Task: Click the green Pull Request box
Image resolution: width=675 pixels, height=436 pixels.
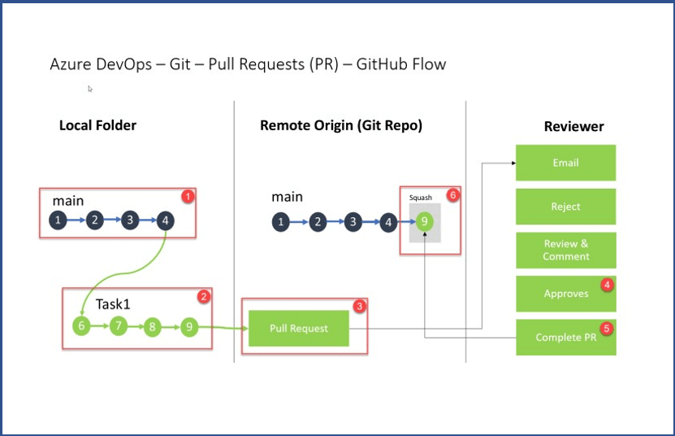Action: pyautogui.click(x=299, y=329)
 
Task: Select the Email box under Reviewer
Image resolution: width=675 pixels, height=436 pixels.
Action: pyautogui.click(x=565, y=163)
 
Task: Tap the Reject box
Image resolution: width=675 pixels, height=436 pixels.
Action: pyautogui.click(x=565, y=207)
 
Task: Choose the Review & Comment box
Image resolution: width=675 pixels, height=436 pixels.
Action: pyautogui.click(x=565, y=250)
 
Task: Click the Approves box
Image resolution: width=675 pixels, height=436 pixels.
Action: pyautogui.click(x=565, y=294)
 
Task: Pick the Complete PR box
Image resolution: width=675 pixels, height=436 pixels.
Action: pyautogui.click(x=565, y=337)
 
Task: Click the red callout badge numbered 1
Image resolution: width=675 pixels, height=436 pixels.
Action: pyautogui.click(x=187, y=196)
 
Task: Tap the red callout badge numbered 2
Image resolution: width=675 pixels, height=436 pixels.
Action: pyautogui.click(x=205, y=297)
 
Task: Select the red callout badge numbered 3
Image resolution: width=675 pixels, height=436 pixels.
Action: pyautogui.click(x=359, y=306)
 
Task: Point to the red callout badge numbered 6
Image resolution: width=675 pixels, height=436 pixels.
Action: pyautogui.click(x=453, y=195)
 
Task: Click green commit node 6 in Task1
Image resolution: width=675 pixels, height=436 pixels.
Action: pyautogui.click(x=80, y=327)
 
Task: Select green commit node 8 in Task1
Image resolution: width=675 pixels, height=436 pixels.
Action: pyautogui.click(x=152, y=328)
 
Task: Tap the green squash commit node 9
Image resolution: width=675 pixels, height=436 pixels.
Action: pyautogui.click(x=423, y=222)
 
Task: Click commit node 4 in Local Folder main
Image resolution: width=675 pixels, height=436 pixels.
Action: pyautogui.click(x=165, y=220)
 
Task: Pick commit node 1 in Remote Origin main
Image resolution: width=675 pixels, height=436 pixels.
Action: pyautogui.click(x=281, y=222)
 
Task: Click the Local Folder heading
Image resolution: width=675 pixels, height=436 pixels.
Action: pyautogui.click(x=97, y=125)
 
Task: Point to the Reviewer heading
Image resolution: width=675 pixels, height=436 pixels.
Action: pyautogui.click(x=573, y=126)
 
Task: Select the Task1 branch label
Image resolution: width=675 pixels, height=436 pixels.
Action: pyautogui.click(x=114, y=304)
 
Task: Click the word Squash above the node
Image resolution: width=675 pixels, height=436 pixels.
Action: pyautogui.click(x=421, y=198)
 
